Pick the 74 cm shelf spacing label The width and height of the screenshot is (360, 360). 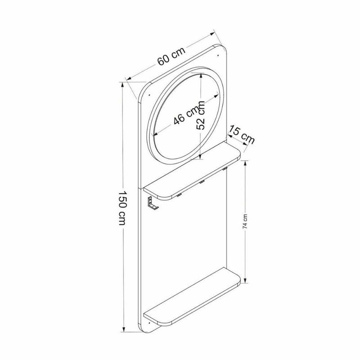click(244, 223)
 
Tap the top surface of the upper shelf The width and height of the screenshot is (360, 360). click(193, 169)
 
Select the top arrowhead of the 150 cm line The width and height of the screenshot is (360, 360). click(122, 84)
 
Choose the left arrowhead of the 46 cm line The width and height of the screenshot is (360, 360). click(156, 134)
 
